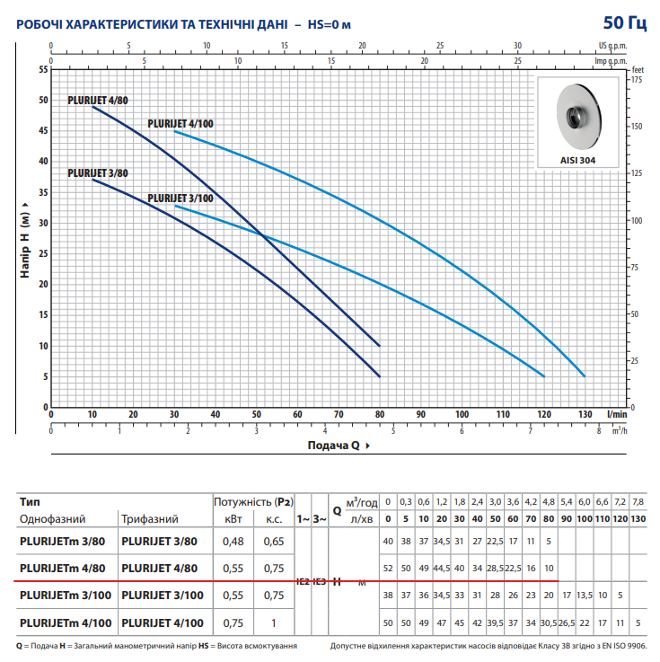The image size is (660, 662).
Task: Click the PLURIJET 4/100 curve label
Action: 180,124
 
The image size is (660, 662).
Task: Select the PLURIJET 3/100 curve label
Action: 180,199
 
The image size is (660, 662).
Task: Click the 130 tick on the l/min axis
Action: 585,414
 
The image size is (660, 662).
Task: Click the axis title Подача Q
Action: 333,446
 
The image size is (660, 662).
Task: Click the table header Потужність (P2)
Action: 253,501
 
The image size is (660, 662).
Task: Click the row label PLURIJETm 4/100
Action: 65,622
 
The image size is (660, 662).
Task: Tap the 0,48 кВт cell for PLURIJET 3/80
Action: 233,541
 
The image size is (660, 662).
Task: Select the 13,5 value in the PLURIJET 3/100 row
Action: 584,595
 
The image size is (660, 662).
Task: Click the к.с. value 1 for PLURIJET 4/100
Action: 273,622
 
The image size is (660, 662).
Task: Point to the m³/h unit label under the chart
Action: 620,430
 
